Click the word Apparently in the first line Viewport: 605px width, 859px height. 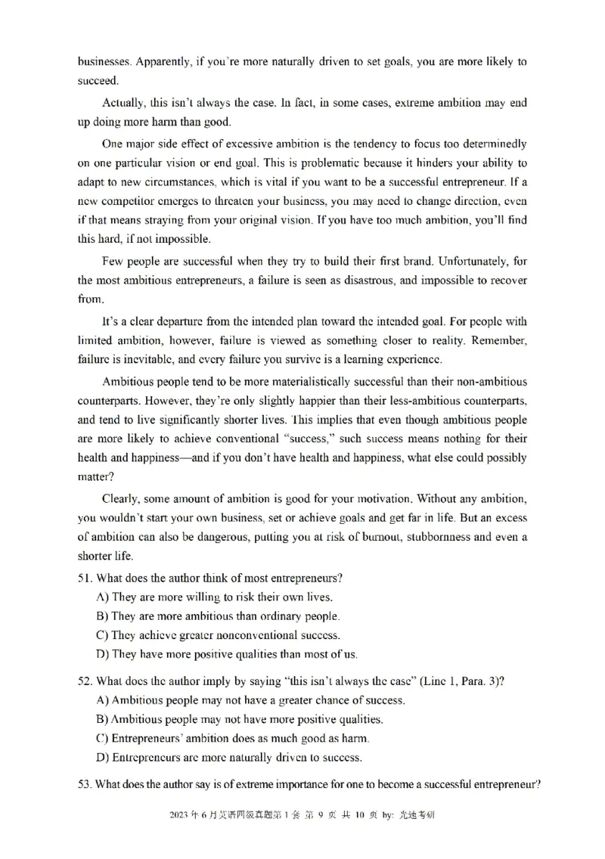[x=160, y=61]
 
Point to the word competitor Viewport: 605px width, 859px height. [x=133, y=202]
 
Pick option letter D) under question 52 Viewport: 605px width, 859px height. [x=103, y=757]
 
